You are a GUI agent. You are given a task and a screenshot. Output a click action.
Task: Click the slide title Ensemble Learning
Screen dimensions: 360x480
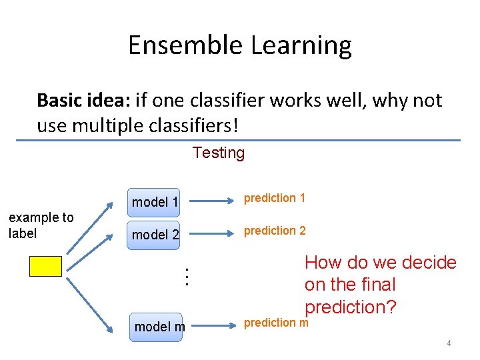click(239, 45)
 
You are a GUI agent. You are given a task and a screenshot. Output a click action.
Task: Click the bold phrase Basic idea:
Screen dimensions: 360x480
click(83, 101)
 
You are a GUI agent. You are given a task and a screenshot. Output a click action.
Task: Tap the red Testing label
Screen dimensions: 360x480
click(219, 153)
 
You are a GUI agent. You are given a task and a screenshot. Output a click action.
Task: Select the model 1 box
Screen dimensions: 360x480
click(155, 202)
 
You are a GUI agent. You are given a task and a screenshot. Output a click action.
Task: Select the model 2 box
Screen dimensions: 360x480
click(155, 235)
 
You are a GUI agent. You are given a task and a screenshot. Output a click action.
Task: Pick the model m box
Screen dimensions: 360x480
click(155, 327)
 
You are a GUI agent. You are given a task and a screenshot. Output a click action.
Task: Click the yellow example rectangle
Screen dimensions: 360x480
click(45, 267)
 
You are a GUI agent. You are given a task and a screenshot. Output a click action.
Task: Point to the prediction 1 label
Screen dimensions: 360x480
click(275, 198)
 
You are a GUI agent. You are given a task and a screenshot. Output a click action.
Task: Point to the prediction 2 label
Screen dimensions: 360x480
click(275, 231)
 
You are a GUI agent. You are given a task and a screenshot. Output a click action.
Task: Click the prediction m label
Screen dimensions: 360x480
click(276, 323)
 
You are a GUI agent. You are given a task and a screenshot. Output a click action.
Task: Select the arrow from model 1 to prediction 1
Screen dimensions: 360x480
click(210, 198)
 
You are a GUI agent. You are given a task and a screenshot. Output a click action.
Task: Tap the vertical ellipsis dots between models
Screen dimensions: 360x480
click(187, 276)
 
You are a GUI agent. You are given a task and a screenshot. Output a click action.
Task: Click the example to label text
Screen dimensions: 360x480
click(41, 225)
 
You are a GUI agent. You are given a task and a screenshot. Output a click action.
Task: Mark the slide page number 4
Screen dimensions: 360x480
click(449, 343)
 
